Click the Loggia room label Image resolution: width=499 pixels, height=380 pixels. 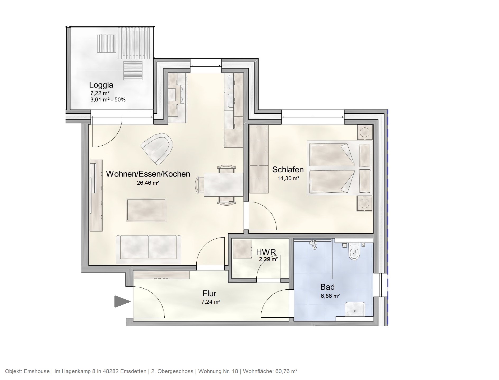pos(101,85)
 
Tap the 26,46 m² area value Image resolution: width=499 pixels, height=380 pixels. pos(148,183)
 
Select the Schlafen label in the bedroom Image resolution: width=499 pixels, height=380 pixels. pos(288,169)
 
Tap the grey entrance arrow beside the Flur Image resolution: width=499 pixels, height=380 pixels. pos(122,302)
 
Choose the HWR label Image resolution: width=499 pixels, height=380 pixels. pos(266,252)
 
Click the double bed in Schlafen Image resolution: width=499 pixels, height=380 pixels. pos(339,168)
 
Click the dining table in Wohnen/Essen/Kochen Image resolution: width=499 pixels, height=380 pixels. pos(224,185)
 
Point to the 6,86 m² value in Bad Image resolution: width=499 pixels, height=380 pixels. pos(330,296)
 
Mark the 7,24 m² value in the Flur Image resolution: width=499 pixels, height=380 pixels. pos(211,302)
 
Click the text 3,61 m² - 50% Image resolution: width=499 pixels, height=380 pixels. pos(108,100)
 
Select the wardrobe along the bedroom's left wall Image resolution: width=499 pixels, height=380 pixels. pos(259,159)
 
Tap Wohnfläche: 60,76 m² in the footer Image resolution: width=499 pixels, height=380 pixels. pos(270,371)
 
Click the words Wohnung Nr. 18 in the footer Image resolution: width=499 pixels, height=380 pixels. pos(218,371)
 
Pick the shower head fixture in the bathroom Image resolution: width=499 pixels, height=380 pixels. pos(314,244)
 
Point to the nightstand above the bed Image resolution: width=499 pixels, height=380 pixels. pos(364,132)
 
